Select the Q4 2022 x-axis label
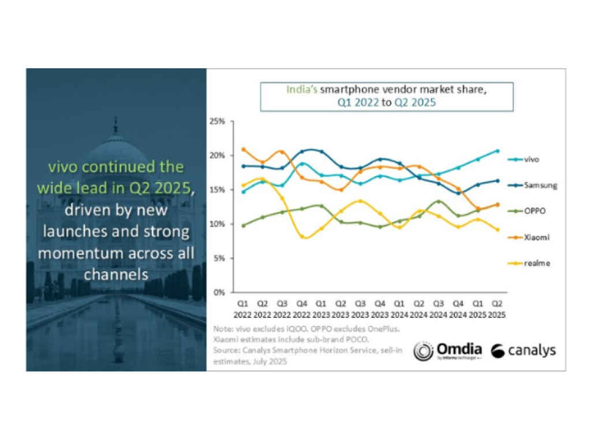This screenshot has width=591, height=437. [x=302, y=308]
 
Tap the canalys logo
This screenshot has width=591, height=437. [x=523, y=351]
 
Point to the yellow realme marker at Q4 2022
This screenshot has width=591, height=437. [x=302, y=236]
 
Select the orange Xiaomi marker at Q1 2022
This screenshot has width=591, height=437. [x=244, y=149]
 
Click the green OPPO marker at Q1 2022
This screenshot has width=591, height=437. [x=244, y=225]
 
